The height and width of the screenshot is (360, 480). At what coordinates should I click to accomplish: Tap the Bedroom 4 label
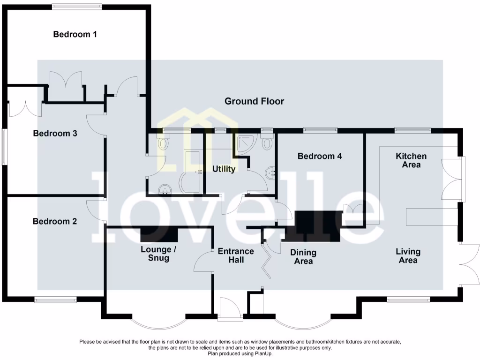pos(319,156)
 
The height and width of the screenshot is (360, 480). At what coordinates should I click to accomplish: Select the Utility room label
pos(224,169)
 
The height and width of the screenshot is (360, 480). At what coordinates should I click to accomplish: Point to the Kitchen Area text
pos(411,160)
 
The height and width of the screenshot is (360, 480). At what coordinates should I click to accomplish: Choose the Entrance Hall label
pos(236,255)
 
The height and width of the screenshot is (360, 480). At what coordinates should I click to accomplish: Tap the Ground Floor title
pos(254,101)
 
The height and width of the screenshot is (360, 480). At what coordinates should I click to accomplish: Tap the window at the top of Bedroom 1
pos(77,6)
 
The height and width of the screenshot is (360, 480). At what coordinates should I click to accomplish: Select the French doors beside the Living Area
pos(469,264)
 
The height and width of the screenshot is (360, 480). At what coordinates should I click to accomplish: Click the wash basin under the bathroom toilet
pos(165,189)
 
